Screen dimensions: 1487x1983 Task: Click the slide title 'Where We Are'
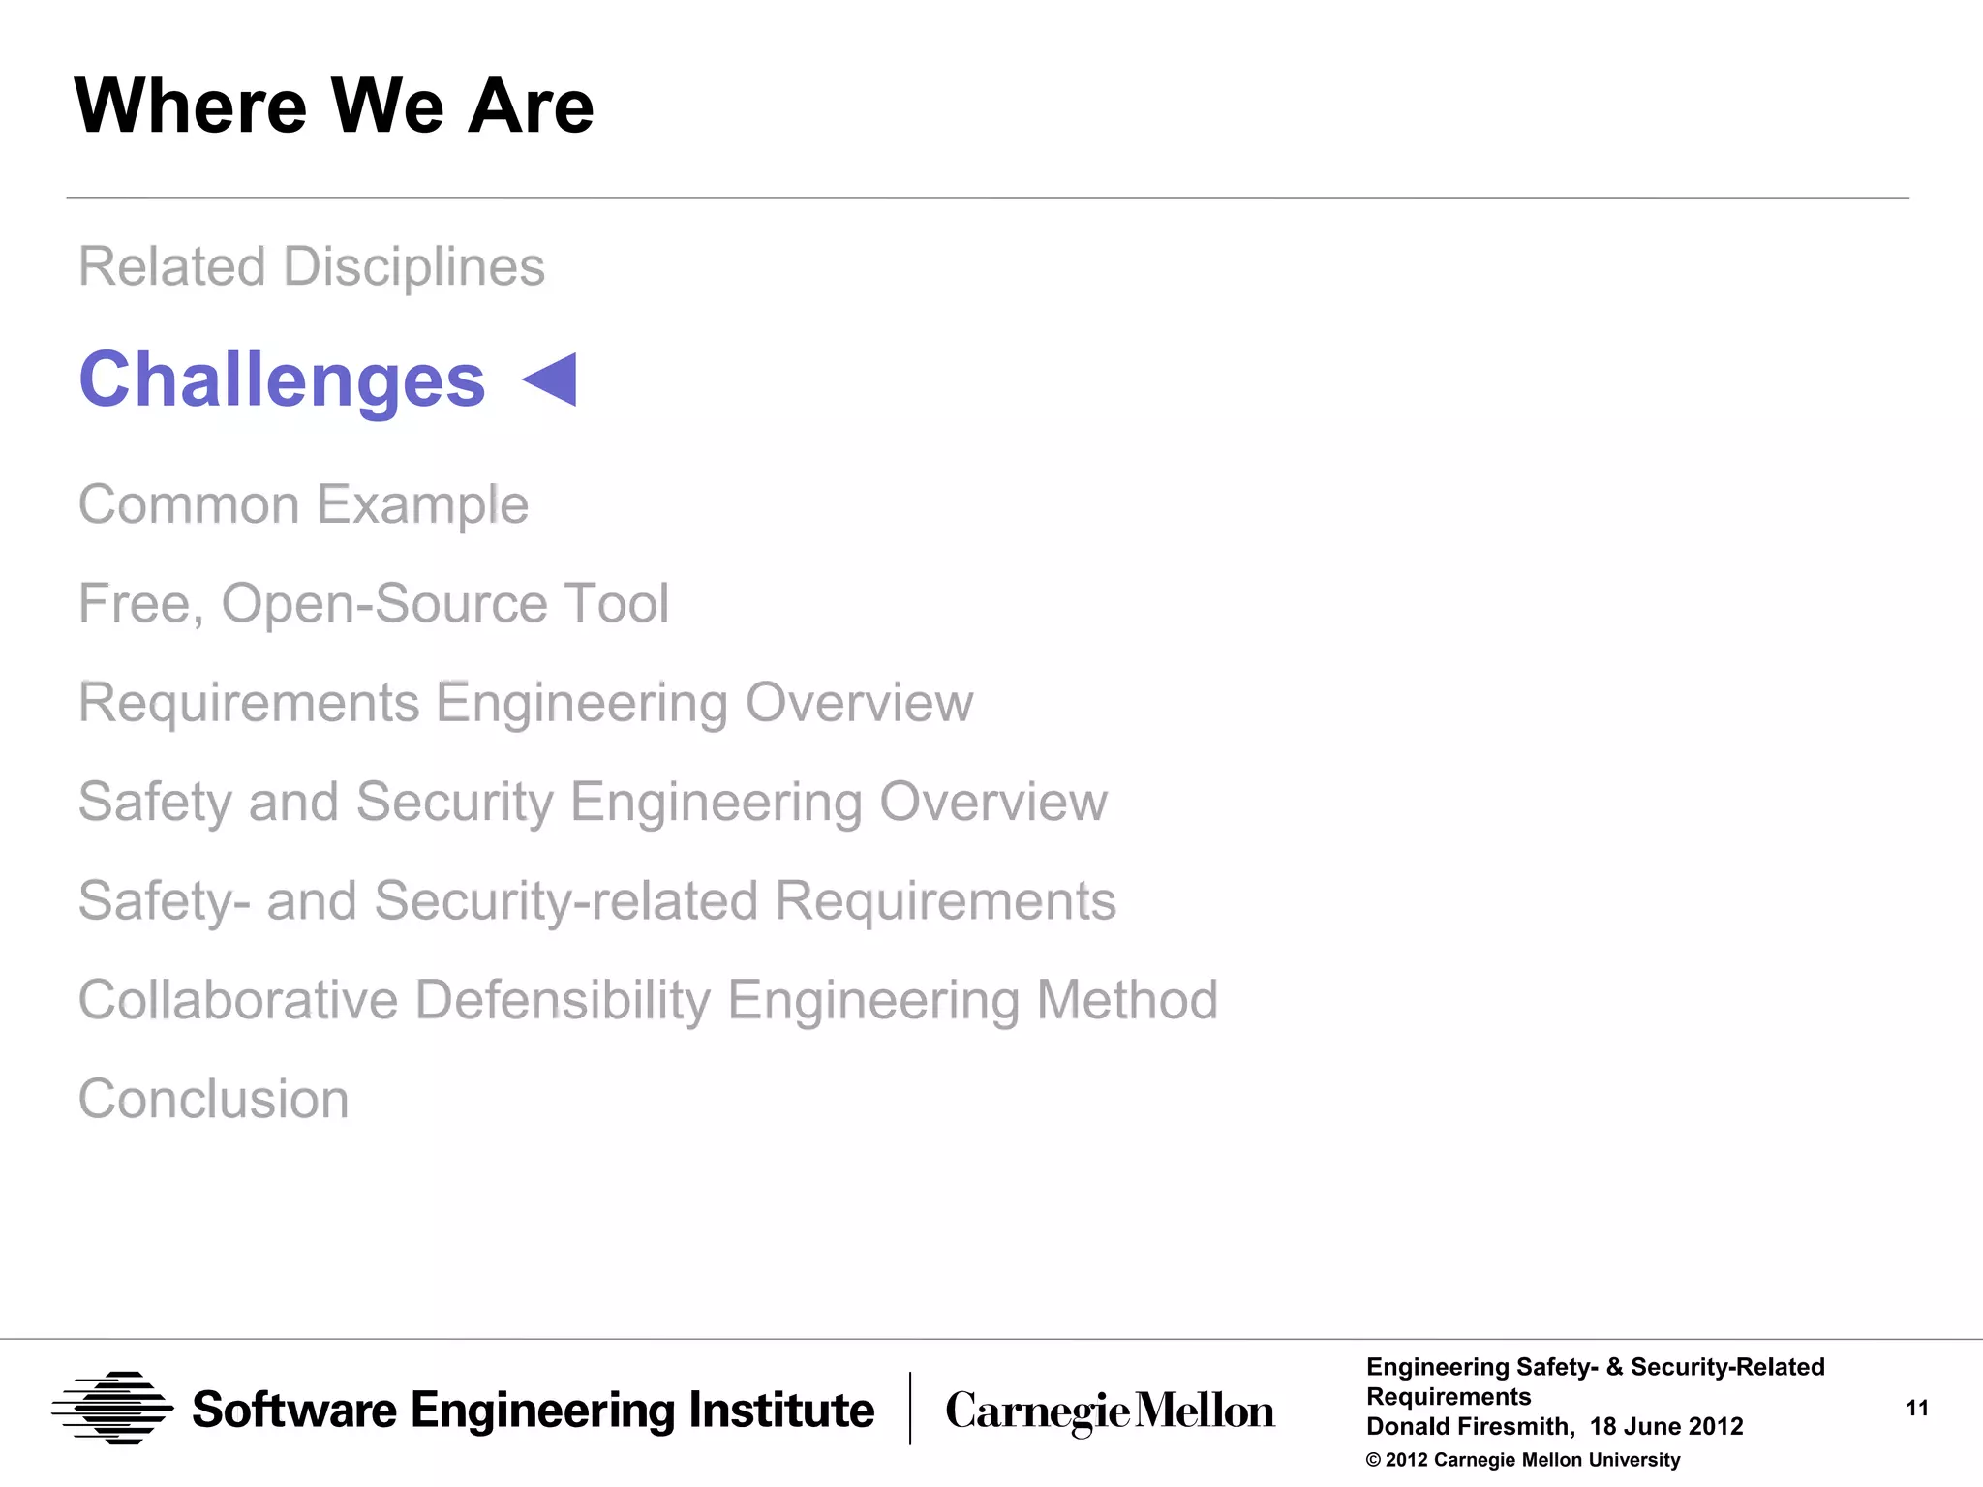click(x=334, y=106)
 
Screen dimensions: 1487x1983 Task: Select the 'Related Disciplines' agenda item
click(x=312, y=267)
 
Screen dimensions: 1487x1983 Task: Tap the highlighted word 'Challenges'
click(x=282, y=380)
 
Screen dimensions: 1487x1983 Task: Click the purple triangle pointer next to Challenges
click(x=552, y=379)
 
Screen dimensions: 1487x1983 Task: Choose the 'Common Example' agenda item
click(x=303, y=505)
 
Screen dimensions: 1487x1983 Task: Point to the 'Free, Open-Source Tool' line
click(x=374, y=604)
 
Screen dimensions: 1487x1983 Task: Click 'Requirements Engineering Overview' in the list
click(x=526, y=703)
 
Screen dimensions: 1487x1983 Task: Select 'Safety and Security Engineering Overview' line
click(x=593, y=803)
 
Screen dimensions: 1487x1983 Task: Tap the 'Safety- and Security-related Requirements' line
click(x=596, y=901)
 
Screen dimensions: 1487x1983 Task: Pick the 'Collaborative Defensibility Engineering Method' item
click(x=648, y=1000)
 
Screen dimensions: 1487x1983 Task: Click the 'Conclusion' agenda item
click(x=213, y=1100)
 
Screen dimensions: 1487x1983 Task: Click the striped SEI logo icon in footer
click(x=112, y=1409)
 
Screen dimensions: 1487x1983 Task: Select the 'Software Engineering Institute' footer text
click(x=533, y=1411)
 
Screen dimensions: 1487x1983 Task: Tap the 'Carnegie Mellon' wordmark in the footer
click(x=1110, y=1411)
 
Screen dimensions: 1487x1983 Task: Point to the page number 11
click(x=1917, y=1409)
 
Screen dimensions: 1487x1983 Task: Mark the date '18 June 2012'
click(x=1666, y=1427)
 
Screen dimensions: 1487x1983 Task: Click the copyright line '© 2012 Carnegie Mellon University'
click(x=1523, y=1460)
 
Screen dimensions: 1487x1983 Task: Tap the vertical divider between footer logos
click(x=910, y=1409)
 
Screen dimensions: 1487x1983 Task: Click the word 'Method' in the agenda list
click(x=1127, y=1000)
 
